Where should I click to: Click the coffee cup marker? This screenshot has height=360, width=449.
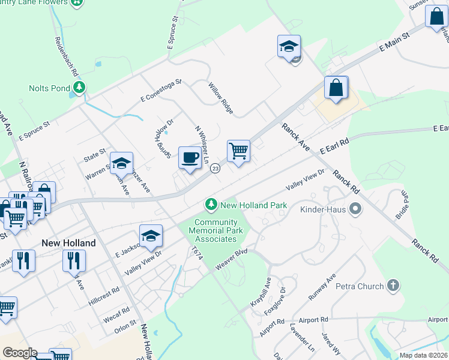(190, 158)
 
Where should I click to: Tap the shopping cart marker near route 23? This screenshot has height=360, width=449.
(238, 151)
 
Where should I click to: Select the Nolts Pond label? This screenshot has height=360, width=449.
(49, 88)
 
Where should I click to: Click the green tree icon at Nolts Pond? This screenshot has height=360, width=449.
(79, 88)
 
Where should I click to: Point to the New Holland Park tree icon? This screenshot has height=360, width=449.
(211, 205)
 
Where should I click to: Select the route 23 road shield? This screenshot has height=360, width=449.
(215, 169)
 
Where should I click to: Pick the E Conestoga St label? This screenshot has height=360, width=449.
(161, 90)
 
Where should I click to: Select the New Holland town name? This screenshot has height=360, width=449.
(68, 243)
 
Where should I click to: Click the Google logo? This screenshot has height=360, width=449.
(19, 353)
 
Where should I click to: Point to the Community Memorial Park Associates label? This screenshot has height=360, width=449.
(216, 231)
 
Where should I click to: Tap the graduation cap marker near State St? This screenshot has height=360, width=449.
(121, 163)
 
